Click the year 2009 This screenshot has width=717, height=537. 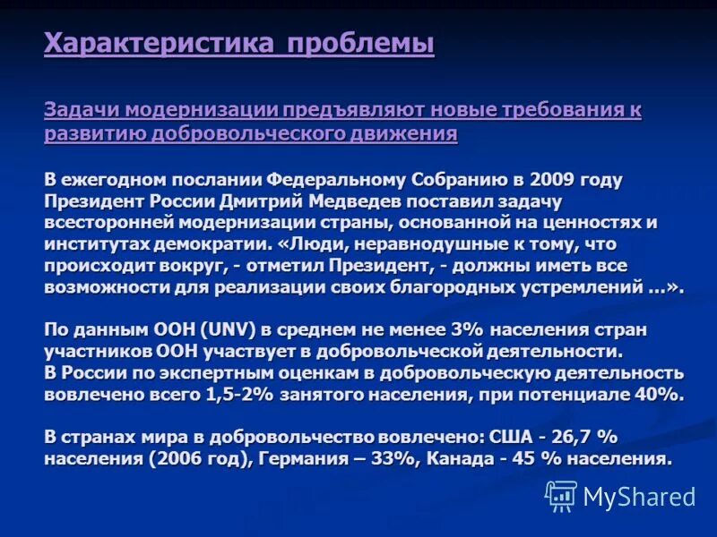coord(546,179)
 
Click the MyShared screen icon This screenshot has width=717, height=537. coord(561,496)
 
